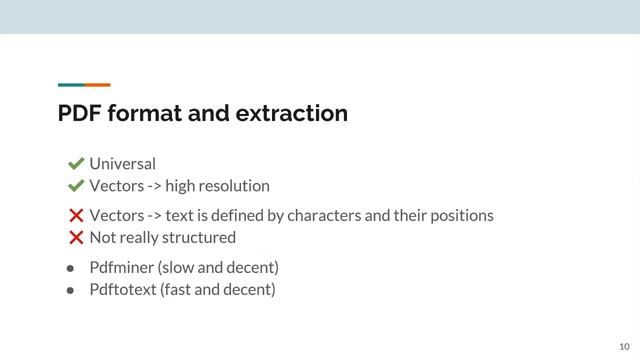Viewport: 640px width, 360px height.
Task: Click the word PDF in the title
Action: pos(78,113)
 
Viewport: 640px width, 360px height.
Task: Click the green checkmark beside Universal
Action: pos(75,164)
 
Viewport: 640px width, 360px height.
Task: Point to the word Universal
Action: pos(122,164)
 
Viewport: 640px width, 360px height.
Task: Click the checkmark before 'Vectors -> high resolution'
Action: pos(75,186)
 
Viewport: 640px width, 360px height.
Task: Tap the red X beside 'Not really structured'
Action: pos(76,238)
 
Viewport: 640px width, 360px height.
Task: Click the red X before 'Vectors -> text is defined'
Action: pos(76,216)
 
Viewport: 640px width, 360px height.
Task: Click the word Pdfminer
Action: pos(120,268)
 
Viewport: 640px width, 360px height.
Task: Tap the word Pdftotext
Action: pos(122,290)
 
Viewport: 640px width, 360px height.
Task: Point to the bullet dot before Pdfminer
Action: pos(71,269)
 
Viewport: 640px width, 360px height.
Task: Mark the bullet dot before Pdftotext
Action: pos(71,291)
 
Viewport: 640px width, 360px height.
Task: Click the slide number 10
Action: pos(624,345)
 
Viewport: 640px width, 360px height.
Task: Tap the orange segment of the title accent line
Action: pos(98,85)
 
